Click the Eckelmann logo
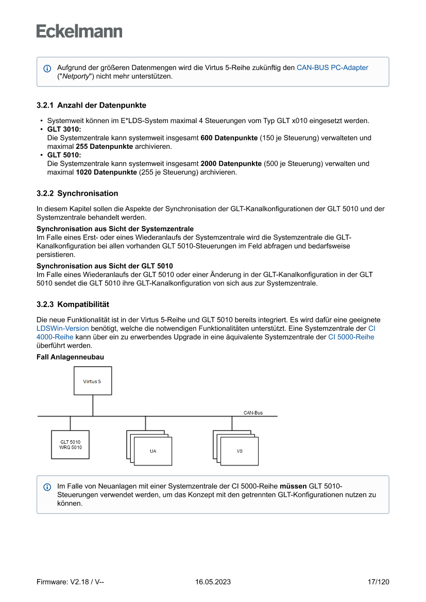point(79,31)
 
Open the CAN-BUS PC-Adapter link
point(332,67)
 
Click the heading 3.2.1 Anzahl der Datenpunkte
point(91,105)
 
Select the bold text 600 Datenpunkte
point(229,138)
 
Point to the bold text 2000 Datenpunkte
point(231,164)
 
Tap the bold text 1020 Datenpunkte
point(107,172)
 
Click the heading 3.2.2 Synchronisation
point(77,194)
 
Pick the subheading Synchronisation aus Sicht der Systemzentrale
point(115,229)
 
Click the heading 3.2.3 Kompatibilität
point(73,304)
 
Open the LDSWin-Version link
point(62,328)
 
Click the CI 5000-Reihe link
point(351,337)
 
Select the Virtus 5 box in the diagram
point(93,381)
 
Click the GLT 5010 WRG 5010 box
point(71,444)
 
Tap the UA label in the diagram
point(153,451)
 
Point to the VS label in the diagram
point(240,451)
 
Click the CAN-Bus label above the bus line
point(253,412)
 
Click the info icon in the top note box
point(47,68)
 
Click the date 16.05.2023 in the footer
point(213,582)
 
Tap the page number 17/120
point(378,582)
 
